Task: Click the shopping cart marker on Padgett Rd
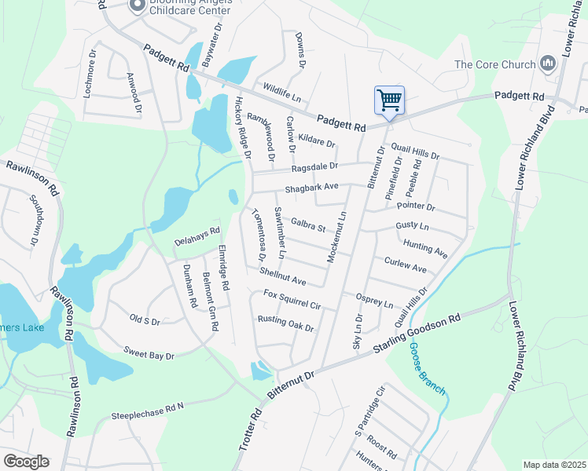(x=389, y=100)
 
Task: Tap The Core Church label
(x=492, y=65)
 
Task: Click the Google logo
(x=25, y=462)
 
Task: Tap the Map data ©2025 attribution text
(x=554, y=465)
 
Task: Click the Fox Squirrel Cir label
(x=292, y=299)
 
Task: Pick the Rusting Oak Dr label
(x=285, y=323)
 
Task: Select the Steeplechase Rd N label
(x=147, y=411)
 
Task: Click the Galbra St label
(x=307, y=226)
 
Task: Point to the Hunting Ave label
(x=424, y=250)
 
